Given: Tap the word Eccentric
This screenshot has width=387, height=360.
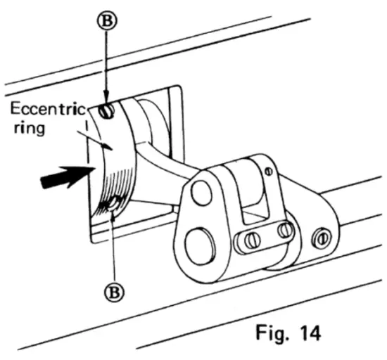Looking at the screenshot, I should [x=46, y=110].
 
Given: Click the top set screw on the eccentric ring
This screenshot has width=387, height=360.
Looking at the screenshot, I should [x=106, y=110].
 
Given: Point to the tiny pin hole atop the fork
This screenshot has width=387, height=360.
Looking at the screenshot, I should [x=267, y=169].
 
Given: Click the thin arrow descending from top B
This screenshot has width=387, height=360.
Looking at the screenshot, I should [x=105, y=67].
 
